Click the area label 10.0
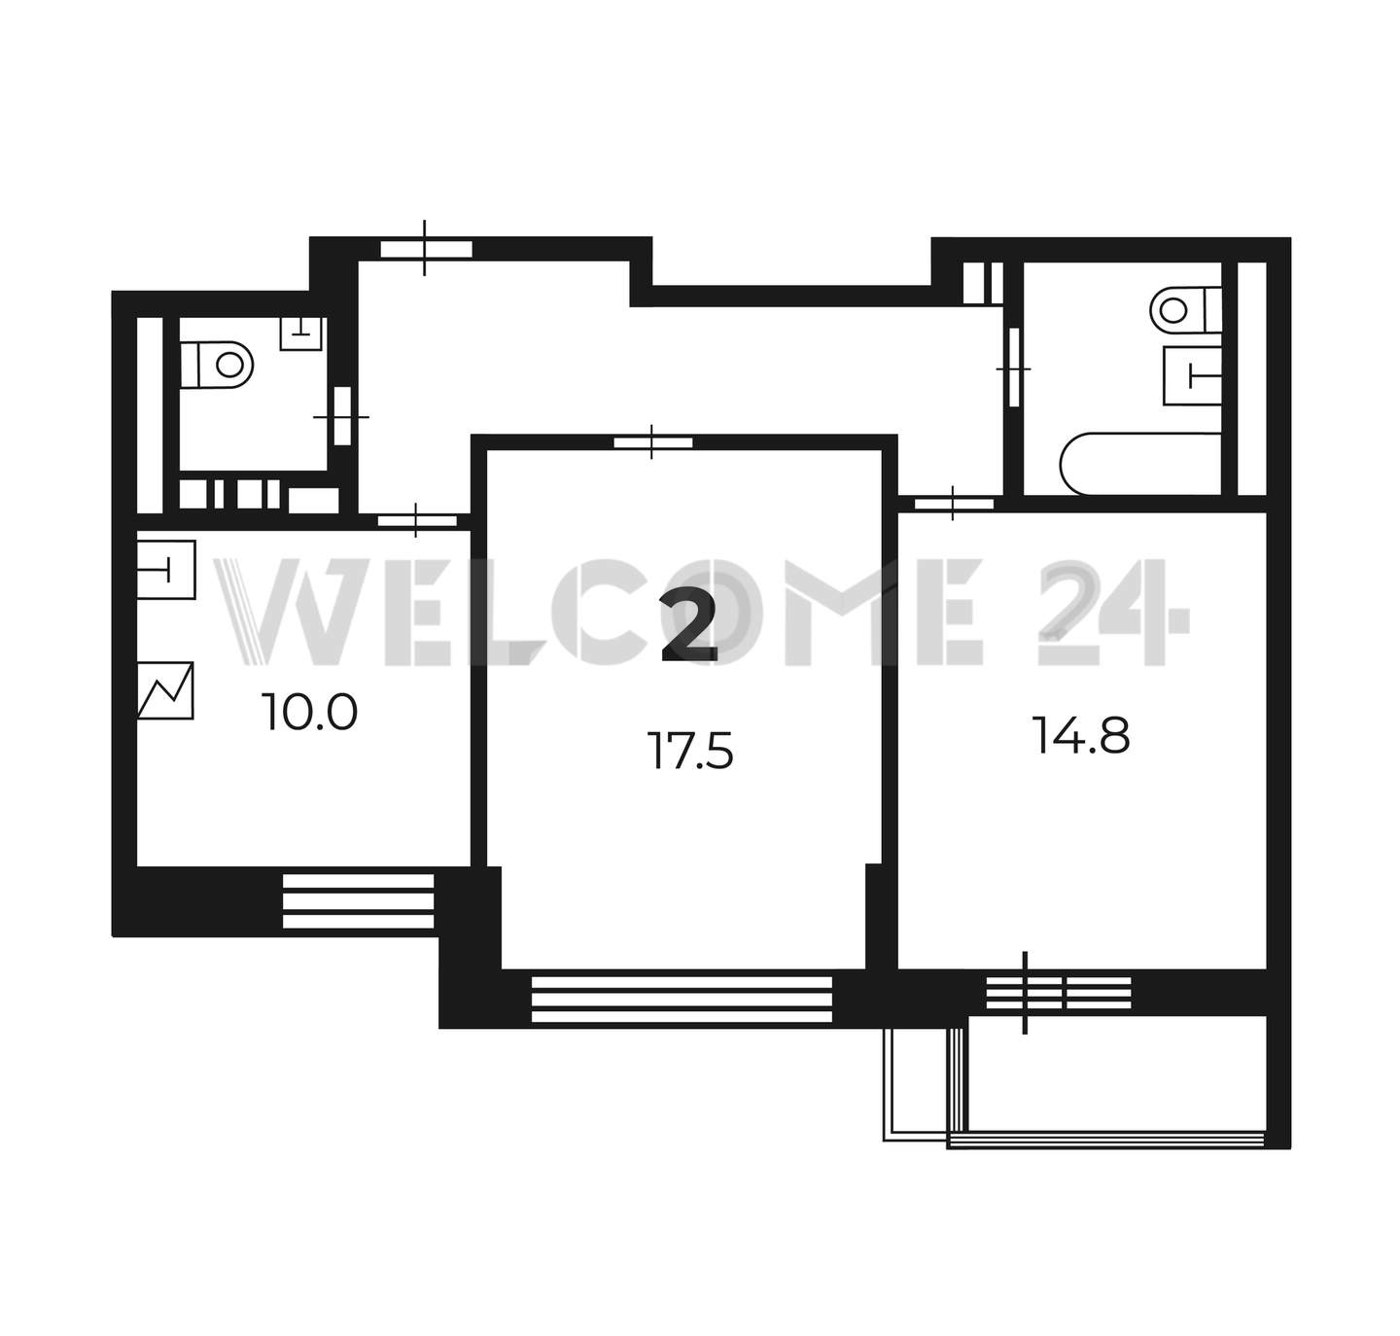point(309,712)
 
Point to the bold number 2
point(688,627)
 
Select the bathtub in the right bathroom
point(1140,464)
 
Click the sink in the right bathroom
point(1193,376)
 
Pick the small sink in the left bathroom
point(301,334)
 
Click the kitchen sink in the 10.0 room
point(166,570)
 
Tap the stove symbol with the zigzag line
point(165,690)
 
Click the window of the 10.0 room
point(358,901)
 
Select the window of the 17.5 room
point(682,1000)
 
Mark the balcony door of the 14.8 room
point(1059,993)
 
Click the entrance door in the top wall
point(426,249)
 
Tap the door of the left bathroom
point(342,416)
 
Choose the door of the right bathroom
point(1014,368)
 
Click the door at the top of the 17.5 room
point(653,442)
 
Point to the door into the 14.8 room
point(954,504)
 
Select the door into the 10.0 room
point(417,520)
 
